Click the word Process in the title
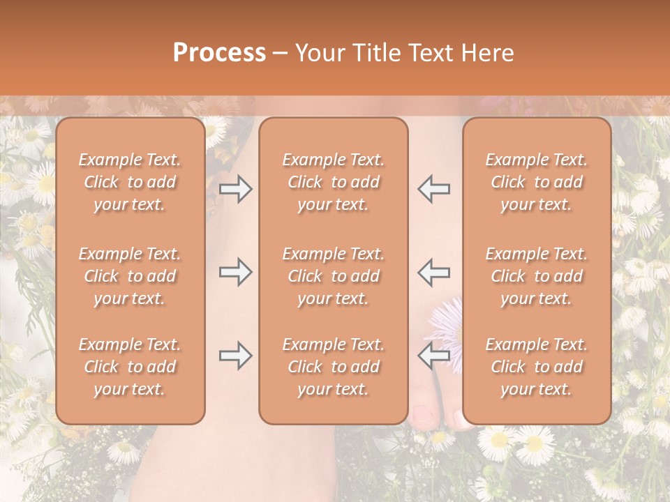point(219,53)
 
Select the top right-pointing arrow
point(235,189)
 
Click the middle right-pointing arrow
point(235,272)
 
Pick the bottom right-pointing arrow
point(235,356)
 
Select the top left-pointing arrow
point(433,189)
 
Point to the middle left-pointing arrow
point(433,272)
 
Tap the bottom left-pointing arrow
point(433,356)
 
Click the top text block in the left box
point(130,182)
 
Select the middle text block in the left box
point(130,276)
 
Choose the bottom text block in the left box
point(130,367)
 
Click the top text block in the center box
point(333,182)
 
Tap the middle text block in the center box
point(333,276)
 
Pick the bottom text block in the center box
point(333,367)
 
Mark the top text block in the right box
point(536,182)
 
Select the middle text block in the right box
point(536,276)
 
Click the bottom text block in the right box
point(536,367)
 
